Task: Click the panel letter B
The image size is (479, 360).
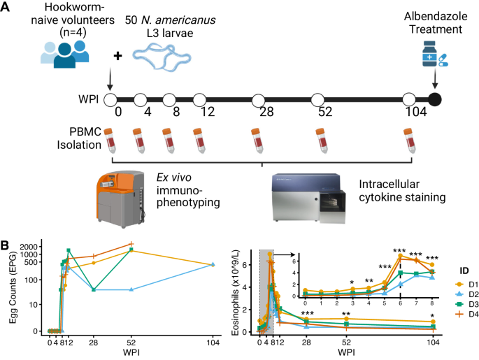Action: [6, 246]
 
